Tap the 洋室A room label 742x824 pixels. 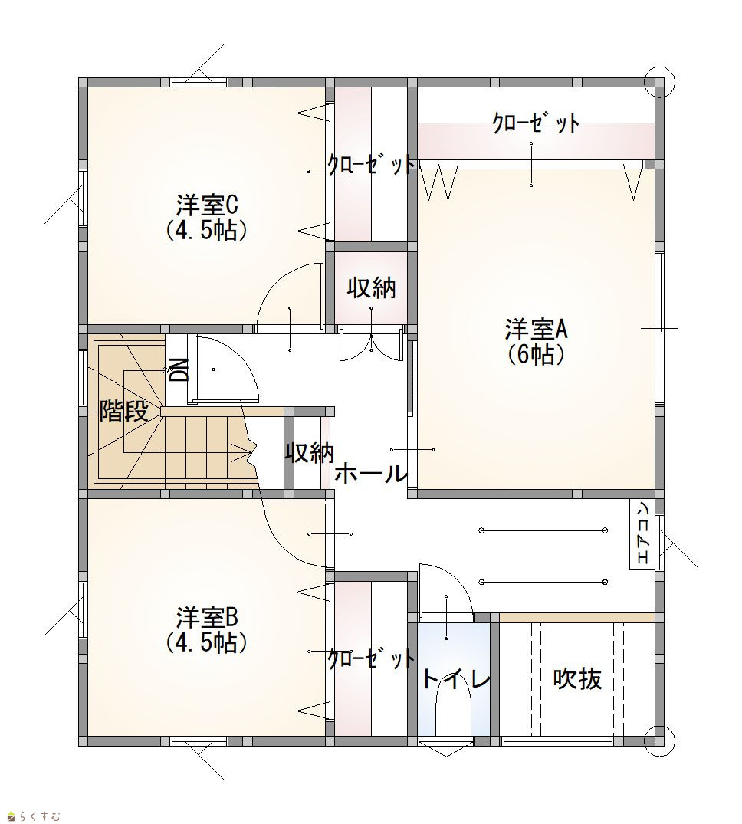(537, 330)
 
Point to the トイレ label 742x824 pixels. (456, 679)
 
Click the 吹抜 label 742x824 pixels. (577, 679)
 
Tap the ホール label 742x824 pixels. (372, 474)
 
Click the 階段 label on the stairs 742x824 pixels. (123, 411)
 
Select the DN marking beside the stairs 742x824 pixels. (179, 370)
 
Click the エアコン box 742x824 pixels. (642, 534)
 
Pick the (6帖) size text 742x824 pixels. (537, 355)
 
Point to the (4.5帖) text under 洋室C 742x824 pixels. (206, 230)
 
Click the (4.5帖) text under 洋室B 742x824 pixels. (206, 642)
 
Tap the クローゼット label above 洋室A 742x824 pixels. (536, 123)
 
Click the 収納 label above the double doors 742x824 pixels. (372, 288)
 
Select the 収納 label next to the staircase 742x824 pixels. (310, 452)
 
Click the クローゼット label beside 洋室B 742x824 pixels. (370, 658)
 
